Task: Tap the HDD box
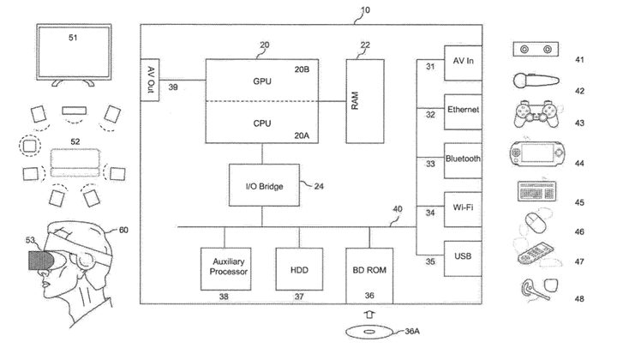299,269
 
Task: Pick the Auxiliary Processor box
225,269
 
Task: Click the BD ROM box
370,269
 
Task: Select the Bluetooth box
464,159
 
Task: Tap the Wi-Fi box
464,208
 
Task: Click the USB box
464,257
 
